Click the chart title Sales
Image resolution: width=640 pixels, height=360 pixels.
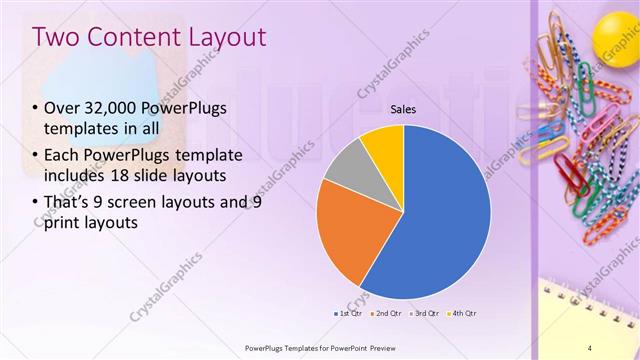click(x=403, y=110)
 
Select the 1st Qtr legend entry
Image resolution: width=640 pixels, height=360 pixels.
click(x=347, y=314)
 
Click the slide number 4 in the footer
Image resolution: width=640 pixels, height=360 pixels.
click(x=590, y=347)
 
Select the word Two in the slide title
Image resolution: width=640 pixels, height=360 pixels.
click(x=55, y=37)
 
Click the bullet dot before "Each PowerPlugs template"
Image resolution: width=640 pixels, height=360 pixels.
click(x=36, y=156)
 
